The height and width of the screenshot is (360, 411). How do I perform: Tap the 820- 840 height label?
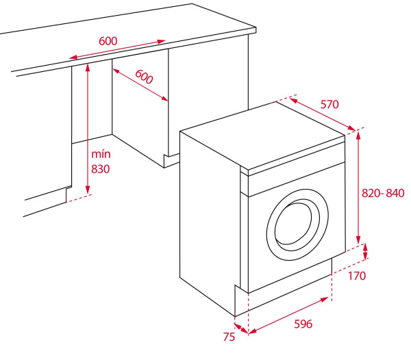click(384, 194)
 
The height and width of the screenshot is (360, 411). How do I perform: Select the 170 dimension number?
click(356, 276)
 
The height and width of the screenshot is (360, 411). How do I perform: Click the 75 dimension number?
click(228, 337)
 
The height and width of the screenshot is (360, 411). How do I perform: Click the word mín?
click(100, 154)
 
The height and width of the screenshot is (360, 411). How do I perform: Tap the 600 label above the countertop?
click(108, 40)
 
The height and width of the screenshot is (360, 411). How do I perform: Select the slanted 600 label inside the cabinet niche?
click(144, 77)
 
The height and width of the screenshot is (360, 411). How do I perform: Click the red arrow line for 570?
click(322, 113)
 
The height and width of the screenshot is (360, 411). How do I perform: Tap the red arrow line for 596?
click(288, 316)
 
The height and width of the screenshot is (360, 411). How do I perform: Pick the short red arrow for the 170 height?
click(365, 250)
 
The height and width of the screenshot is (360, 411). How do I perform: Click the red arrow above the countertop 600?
click(116, 50)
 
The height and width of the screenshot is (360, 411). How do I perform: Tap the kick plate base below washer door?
click(281, 287)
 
